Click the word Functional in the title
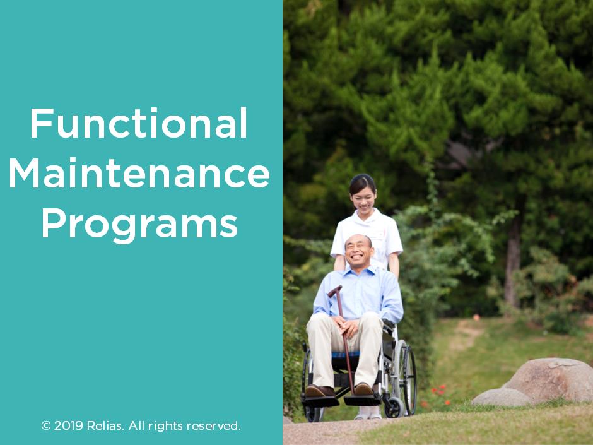[138, 124]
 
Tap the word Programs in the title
[139, 223]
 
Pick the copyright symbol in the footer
[45, 426]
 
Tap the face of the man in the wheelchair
[358, 251]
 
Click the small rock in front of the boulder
[502, 398]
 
